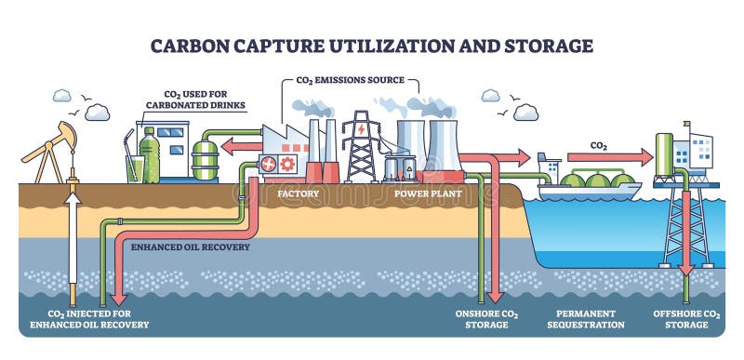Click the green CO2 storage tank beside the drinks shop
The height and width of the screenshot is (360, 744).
coord(205,159)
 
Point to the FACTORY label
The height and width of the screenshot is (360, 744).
coord(298,194)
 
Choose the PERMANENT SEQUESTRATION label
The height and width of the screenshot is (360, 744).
coord(588,319)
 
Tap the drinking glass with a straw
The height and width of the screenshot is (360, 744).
coord(131,167)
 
